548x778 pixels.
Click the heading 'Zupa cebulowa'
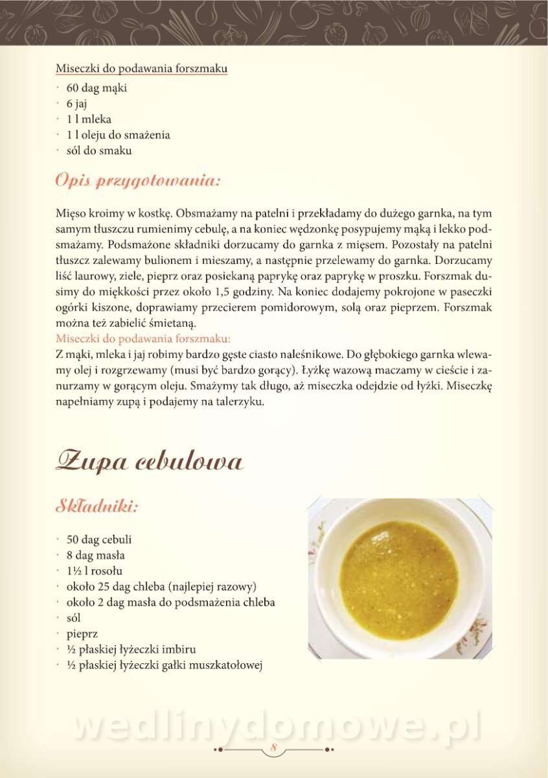(150, 462)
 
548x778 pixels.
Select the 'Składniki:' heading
(97, 506)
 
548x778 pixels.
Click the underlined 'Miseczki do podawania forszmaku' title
(141, 69)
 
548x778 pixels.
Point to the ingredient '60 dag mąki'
(97, 88)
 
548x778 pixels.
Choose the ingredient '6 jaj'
(76, 103)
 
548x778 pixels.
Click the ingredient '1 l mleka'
(89, 119)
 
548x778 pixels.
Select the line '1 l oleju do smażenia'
(118, 135)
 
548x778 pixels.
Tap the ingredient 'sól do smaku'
(99, 150)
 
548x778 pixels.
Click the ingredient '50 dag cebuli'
(99, 539)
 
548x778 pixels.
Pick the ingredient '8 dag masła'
(96, 555)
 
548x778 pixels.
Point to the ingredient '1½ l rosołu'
(94, 571)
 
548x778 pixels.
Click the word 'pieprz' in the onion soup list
(82, 633)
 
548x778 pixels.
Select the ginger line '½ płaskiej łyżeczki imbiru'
(131, 649)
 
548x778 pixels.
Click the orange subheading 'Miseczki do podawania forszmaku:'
(143, 338)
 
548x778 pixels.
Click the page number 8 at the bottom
(274, 749)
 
